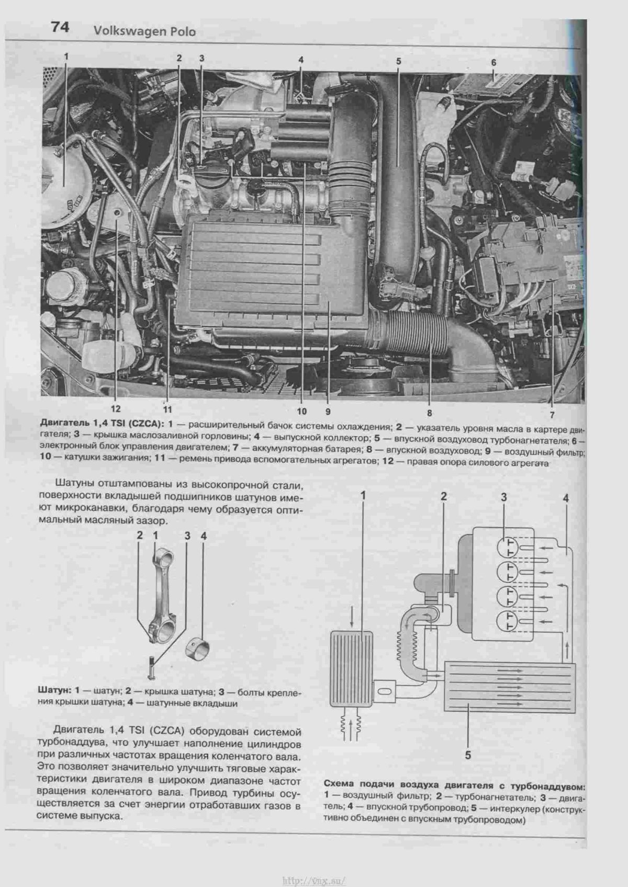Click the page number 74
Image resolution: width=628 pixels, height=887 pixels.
60,27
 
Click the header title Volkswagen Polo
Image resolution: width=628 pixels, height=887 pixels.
144,32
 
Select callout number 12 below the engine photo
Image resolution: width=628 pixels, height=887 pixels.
115,409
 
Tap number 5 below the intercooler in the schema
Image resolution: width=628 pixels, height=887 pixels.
468,755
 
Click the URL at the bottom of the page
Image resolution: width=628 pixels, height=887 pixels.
313,880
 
